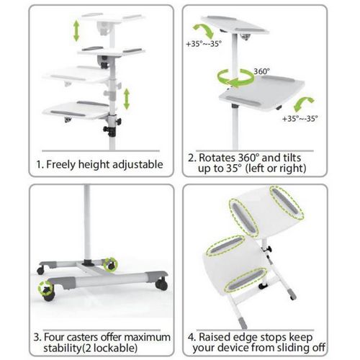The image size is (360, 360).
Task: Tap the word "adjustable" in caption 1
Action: (x=136, y=164)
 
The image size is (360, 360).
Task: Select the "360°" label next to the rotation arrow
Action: (x=263, y=71)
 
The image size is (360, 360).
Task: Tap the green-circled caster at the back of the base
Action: (x=111, y=264)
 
